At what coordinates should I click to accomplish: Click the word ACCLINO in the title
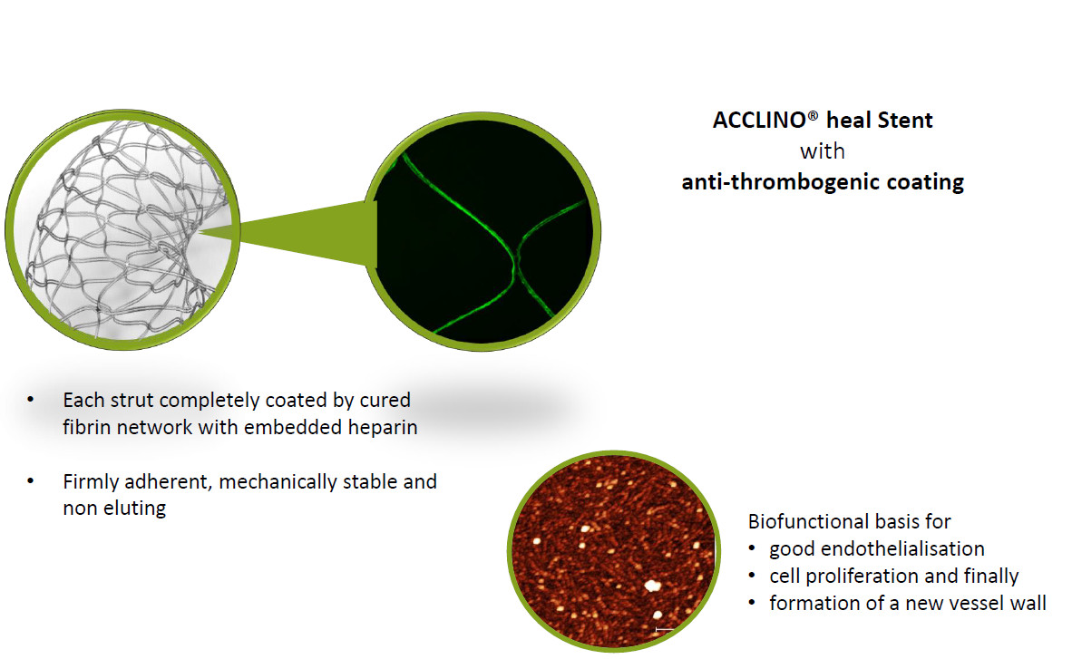tap(760, 121)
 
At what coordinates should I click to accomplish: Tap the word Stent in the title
tap(904, 121)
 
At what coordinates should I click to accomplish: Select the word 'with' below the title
tap(823, 151)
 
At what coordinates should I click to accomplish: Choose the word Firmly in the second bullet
tap(91, 482)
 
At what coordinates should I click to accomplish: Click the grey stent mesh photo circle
tap(123, 229)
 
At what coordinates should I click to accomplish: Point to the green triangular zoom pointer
tap(301, 232)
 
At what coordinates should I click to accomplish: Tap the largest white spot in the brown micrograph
tap(653, 586)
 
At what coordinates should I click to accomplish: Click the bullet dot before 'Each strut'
tap(30, 399)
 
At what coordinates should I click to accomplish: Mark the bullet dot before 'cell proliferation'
tap(752, 576)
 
